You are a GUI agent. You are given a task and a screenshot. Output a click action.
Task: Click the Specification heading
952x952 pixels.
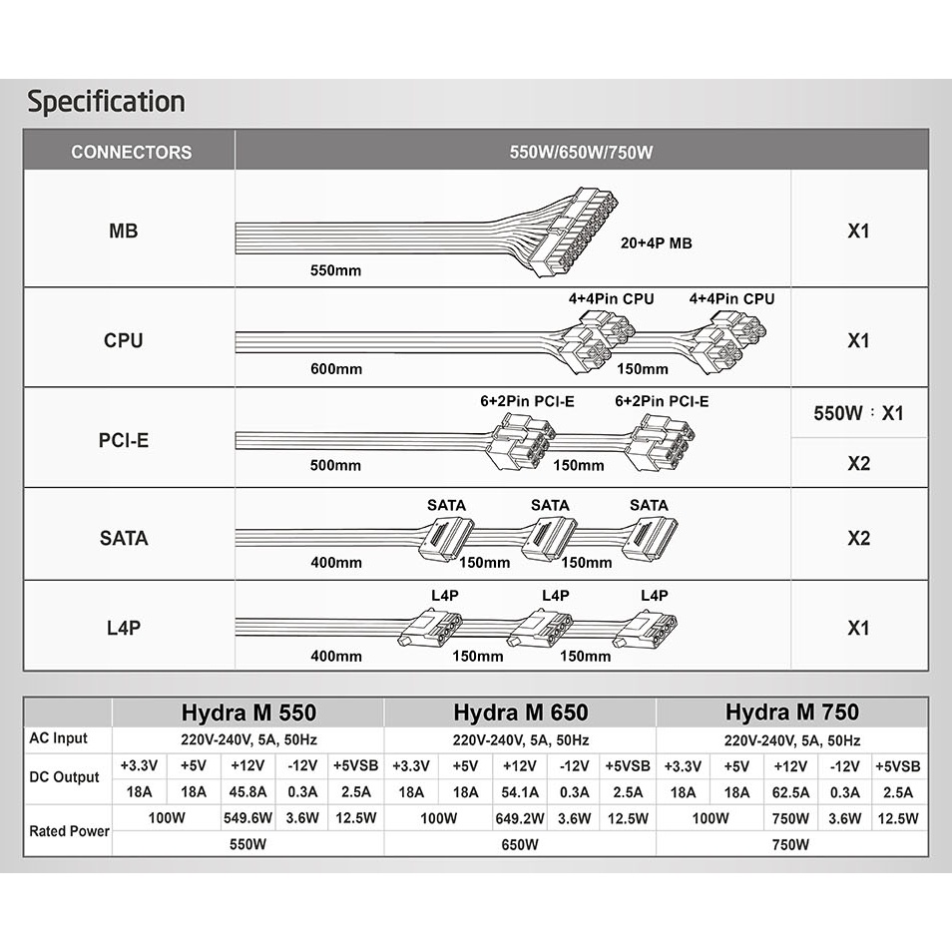pyautogui.click(x=106, y=102)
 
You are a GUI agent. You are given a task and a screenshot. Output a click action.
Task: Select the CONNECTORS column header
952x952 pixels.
pyautogui.click(x=131, y=153)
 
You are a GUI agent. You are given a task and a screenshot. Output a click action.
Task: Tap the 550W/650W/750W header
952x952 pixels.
pyautogui.click(x=581, y=153)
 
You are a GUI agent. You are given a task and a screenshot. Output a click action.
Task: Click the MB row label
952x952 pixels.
pyautogui.click(x=124, y=232)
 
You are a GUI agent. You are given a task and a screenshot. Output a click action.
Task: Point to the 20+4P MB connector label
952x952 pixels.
pyautogui.click(x=657, y=242)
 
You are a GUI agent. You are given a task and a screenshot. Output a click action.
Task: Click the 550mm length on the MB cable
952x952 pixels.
pyautogui.click(x=335, y=270)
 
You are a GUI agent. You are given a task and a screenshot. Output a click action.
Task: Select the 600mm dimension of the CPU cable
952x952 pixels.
pyautogui.click(x=336, y=369)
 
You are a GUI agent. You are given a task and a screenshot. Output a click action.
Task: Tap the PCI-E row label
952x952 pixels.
pyautogui.click(x=124, y=439)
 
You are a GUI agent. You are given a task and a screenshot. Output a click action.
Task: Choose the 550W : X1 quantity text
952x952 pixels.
pyautogui.click(x=858, y=413)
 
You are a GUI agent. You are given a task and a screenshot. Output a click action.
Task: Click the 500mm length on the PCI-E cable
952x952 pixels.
pyautogui.click(x=335, y=465)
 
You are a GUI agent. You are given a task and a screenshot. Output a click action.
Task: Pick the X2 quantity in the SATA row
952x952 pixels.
pyautogui.click(x=858, y=539)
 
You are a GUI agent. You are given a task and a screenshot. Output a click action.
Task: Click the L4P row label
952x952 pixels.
pyautogui.click(x=124, y=629)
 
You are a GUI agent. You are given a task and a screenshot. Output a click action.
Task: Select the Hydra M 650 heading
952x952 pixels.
pyautogui.click(x=520, y=713)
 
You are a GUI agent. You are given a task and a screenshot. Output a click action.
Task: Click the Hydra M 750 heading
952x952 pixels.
pyautogui.click(x=792, y=713)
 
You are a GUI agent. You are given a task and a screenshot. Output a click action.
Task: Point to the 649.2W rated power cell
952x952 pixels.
pyautogui.click(x=518, y=819)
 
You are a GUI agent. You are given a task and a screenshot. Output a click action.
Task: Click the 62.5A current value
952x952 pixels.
pyautogui.click(x=790, y=792)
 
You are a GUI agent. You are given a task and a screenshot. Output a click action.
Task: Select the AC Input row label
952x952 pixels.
pyautogui.click(x=58, y=738)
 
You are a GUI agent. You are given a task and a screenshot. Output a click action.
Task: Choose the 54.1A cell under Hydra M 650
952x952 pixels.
pyautogui.click(x=518, y=792)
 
